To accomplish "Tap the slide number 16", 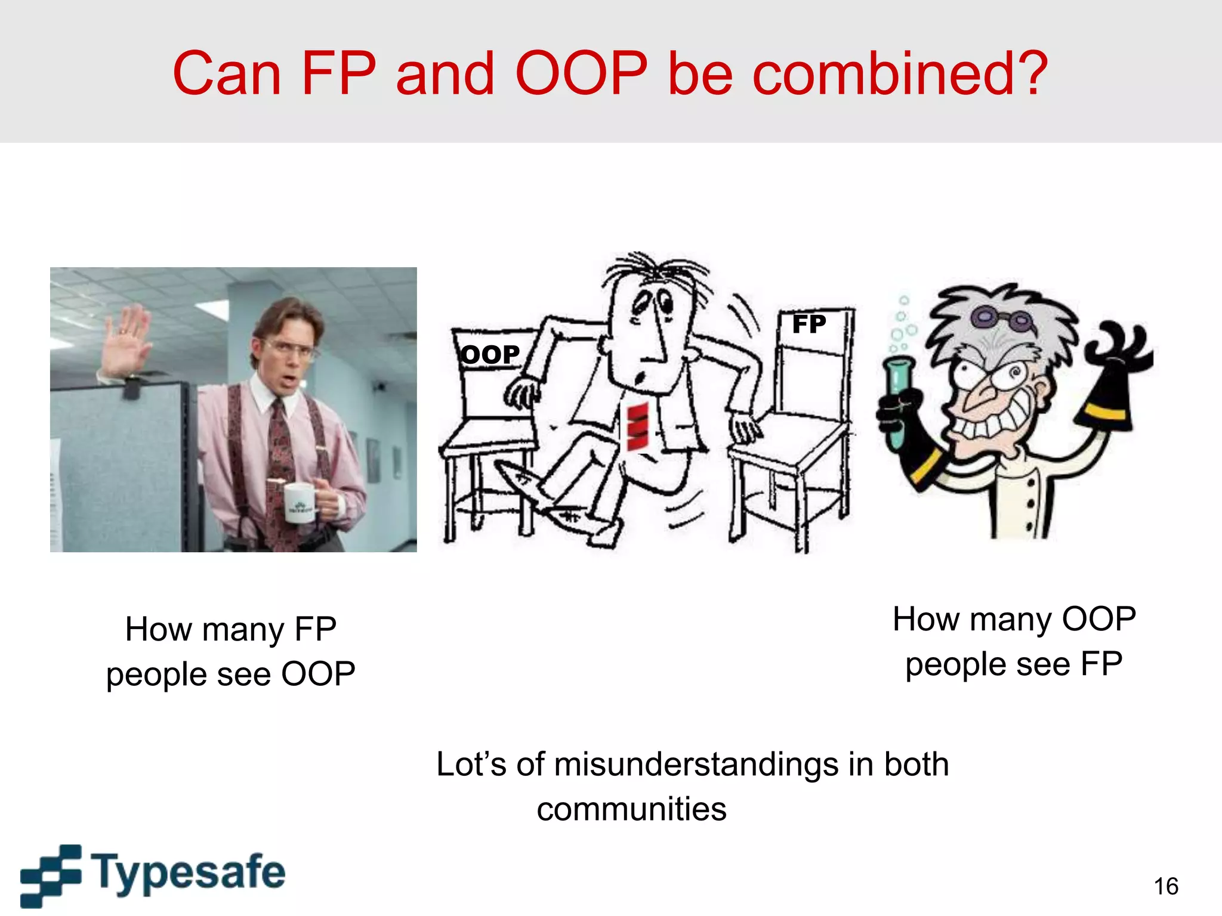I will pyautogui.click(x=1165, y=886).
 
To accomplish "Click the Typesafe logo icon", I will pyautogui.click(x=51, y=875).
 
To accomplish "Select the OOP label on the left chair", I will pyautogui.click(x=490, y=355).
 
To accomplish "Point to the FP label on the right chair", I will pyautogui.click(x=809, y=324).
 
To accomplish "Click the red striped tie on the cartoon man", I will pyautogui.click(x=637, y=426).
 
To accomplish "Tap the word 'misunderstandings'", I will pyautogui.click(x=696, y=765).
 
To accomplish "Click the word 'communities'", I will pyautogui.click(x=631, y=809).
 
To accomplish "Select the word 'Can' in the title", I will pyautogui.click(x=227, y=74).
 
